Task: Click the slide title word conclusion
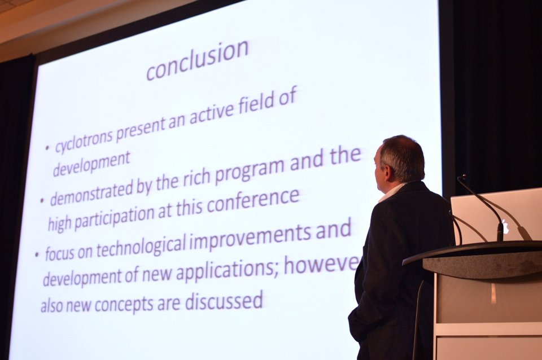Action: (x=198, y=61)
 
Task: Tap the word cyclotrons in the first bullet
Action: (x=84, y=141)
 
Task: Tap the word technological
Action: (x=138, y=243)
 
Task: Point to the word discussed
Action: (x=224, y=300)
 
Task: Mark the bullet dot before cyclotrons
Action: (x=47, y=148)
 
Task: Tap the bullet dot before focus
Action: (x=37, y=256)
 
